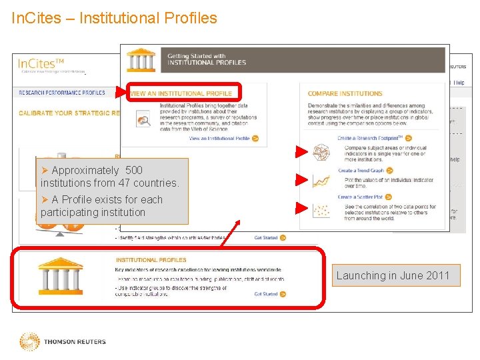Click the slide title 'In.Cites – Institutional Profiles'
pyautogui.click(x=115, y=18)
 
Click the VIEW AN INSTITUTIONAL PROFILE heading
pyautogui.click(x=181, y=93)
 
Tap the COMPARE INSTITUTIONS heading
pyautogui.click(x=345, y=93)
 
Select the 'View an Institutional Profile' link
pyautogui.click(x=219, y=139)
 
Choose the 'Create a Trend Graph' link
pyautogui.click(x=361, y=171)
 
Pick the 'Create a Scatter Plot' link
pyautogui.click(x=360, y=197)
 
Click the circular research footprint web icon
pyautogui.click(x=322, y=153)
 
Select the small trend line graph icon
pyautogui.click(x=322, y=181)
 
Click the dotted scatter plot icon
pyautogui.click(x=322, y=210)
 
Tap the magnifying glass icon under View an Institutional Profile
pyautogui.click(x=144, y=120)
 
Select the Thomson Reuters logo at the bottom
pyautogui.click(x=63, y=342)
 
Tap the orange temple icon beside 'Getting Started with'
pyautogui.click(x=141, y=59)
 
